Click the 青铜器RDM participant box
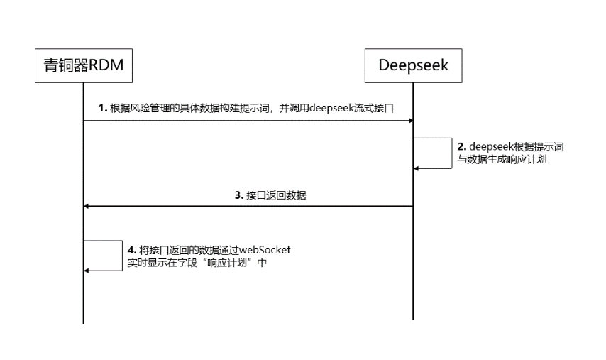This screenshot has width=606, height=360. (84, 66)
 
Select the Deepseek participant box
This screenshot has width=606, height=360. (413, 66)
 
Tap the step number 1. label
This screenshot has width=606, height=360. (103, 108)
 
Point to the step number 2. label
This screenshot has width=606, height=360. (462, 147)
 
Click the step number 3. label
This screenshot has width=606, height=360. (239, 195)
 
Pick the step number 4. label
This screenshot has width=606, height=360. (132, 250)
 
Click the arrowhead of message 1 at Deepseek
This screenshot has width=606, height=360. (411, 121)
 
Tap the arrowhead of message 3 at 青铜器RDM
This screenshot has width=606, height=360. (86, 206)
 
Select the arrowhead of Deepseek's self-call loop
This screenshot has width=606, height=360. (416, 168)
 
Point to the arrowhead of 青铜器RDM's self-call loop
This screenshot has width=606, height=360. (86, 271)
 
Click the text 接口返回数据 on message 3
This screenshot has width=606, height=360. (276, 195)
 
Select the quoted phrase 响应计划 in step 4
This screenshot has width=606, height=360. (227, 263)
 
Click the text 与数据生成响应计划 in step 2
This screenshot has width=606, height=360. (502, 159)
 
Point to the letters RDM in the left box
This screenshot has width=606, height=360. (106, 65)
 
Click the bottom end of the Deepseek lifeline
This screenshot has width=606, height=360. (413, 320)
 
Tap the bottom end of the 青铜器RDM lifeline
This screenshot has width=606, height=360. (83, 324)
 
